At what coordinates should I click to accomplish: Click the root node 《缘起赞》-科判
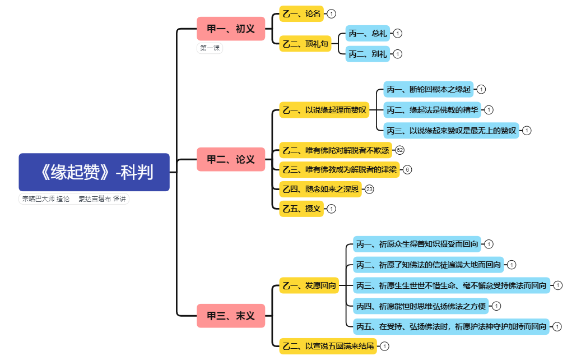[x=94, y=172]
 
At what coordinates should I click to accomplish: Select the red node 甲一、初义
[x=230, y=29]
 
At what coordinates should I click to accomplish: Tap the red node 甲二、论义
[x=230, y=159]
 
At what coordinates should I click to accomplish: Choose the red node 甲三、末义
[x=230, y=316]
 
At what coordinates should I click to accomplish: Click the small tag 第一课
[x=210, y=48]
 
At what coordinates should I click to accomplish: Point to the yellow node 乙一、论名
[x=301, y=13]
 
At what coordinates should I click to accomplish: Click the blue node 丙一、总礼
[x=368, y=34]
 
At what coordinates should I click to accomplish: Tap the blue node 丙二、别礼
[x=368, y=54]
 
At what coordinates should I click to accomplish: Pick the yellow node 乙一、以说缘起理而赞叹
[x=324, y=110]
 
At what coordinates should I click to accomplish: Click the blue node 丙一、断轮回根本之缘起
[x=429, y=89]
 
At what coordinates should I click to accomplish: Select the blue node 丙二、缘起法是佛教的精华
[x=432, y=110]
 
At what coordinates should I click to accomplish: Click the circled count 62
[x=399, y=150]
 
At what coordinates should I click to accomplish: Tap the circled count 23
[x=369, y=190]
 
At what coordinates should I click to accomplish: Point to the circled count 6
[x=407, y=169]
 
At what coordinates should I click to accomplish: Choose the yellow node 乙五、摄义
[x=301, y=209]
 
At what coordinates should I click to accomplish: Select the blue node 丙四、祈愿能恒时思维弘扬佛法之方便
[x=421, y=306]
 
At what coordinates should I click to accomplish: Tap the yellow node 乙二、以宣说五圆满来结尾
[x=328, y=346]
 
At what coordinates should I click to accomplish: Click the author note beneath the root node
[x=74, y=199]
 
